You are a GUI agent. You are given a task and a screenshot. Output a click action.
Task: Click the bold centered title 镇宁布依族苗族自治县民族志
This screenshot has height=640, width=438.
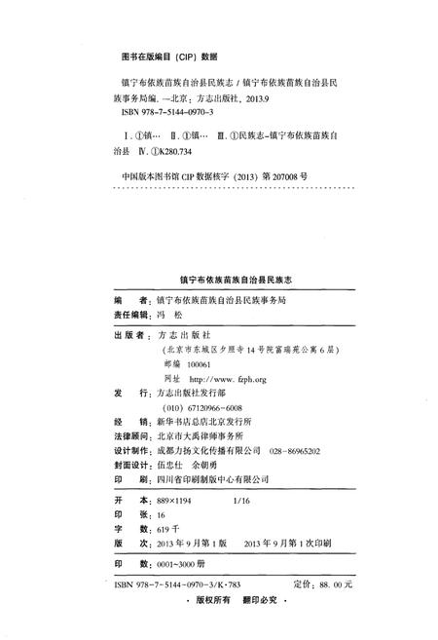coord(219,279)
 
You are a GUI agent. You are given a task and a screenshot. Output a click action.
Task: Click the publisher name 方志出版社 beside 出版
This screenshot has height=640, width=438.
coord(186,334)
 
